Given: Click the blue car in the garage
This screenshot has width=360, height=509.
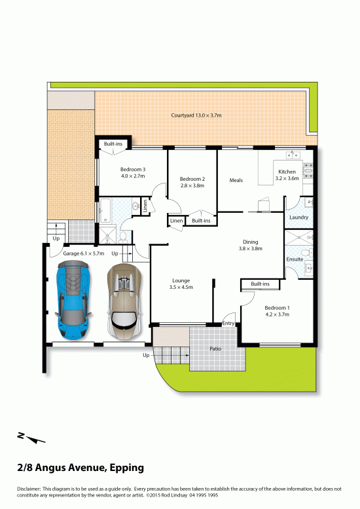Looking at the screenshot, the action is (x=73, y=301).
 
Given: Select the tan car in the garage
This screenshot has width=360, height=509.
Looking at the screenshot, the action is (x=124, y=301).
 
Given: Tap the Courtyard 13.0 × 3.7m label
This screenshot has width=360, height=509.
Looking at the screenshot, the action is (x=196, y=115).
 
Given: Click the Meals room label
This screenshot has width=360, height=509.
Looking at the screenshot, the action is (x=236, y=180).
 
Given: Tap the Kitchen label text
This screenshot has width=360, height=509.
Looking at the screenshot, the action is (x=287, y=172).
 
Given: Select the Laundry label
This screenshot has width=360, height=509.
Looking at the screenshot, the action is (x=298, y=217).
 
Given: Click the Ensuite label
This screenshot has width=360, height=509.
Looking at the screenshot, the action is (x=295, y=259).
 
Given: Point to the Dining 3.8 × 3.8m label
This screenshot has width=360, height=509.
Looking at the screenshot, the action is (x=251, y=245).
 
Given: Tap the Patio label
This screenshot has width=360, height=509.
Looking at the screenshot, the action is (x=215, y=349).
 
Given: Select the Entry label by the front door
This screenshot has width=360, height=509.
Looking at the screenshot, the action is (x=228, y=324).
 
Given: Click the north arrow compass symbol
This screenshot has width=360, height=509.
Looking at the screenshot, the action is (x=31, y=438).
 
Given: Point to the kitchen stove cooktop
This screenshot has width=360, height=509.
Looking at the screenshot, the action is (x=308, y=171).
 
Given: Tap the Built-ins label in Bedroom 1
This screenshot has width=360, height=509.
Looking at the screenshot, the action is (x=260, y=284).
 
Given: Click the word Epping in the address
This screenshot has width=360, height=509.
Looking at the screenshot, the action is (x=127, y=468).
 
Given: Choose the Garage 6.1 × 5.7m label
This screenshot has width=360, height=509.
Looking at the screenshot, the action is (x=84, y=254).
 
